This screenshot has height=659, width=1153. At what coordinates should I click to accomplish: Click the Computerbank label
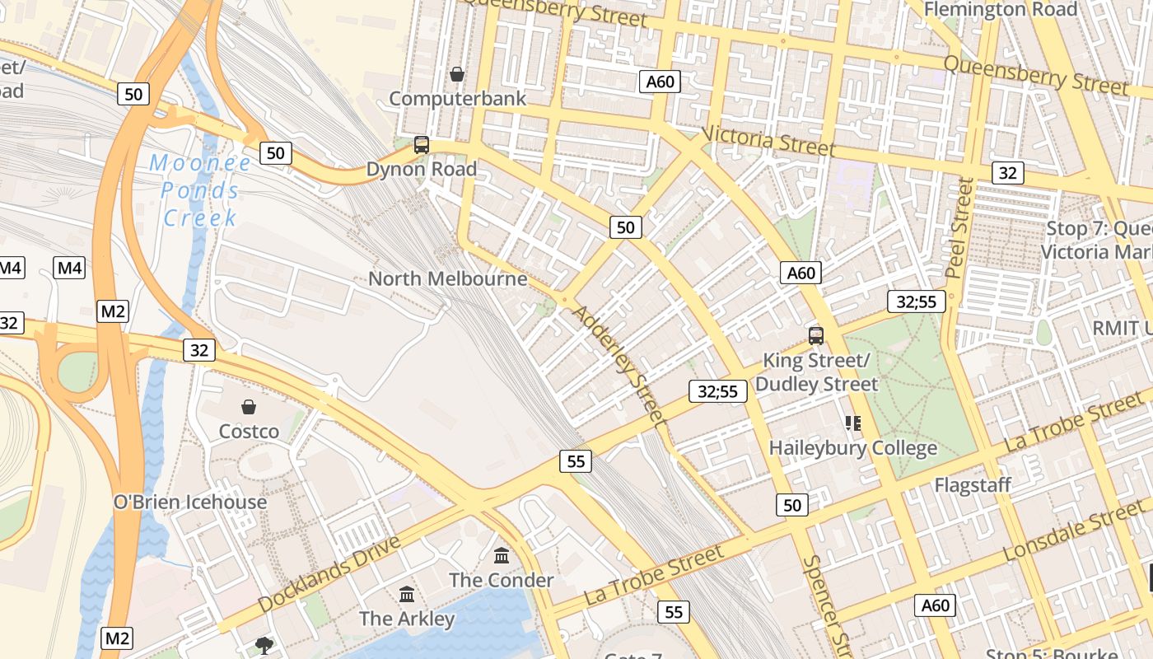click(x=457, y=99)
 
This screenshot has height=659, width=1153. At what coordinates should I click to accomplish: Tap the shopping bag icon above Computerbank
click(x=457, y=74)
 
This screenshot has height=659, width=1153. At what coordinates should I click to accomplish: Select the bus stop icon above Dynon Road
click(x=422, y=145)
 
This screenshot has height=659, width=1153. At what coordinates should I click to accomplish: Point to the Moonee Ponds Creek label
click(x=201, y=191)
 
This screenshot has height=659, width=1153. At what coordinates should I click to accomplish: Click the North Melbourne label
click(x=447, y=278)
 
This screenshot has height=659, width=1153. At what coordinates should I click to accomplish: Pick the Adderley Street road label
click(x=619, y=365)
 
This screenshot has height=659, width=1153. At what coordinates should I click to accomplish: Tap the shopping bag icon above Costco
click(x=248, y=406)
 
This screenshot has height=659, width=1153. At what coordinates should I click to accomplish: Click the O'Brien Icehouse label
click(x=190, y=502)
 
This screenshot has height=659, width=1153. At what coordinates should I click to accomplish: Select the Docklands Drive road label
click(x=329, y=574)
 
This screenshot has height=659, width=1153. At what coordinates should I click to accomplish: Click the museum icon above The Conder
click(x=502, y=555)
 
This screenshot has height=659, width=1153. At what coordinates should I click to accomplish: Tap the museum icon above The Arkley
click(x=406, y=594)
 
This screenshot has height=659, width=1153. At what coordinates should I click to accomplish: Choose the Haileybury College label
click(x=852, y=448)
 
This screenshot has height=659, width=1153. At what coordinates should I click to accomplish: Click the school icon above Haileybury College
click(x=852, y=423)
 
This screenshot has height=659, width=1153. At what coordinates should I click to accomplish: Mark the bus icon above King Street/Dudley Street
click(x=816, y=335)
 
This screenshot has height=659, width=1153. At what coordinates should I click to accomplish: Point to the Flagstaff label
click(x=972, y=485)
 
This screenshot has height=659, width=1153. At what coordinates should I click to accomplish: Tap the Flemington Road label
click(x=1000, y=9)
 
